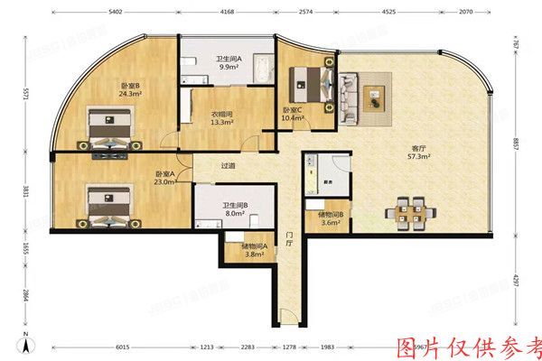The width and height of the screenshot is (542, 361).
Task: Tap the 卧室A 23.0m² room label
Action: point(164,178)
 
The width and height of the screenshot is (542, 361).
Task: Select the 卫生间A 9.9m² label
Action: point(226,63)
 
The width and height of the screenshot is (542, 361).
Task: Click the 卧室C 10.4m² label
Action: point(292,115)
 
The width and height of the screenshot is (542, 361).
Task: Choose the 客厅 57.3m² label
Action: point(416,152)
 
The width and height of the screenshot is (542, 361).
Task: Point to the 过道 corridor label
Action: point(229,166)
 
